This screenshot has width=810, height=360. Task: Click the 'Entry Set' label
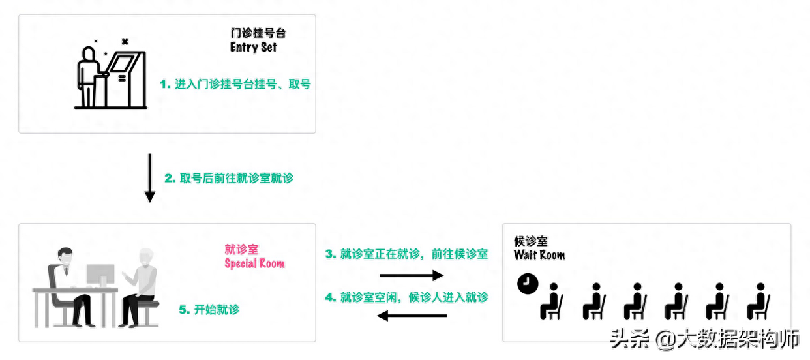253,48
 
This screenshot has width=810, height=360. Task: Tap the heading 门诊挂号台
258,33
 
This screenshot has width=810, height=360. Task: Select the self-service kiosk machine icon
127,79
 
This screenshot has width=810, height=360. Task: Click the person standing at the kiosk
87,77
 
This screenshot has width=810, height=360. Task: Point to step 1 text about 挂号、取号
235,84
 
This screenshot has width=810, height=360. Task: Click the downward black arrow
149,177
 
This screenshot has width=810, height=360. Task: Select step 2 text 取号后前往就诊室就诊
229,178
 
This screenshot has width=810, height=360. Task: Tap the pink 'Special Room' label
254,263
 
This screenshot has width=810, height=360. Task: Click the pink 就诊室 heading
241,249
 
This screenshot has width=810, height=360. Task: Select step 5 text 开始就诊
209,310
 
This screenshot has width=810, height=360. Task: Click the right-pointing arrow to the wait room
406,275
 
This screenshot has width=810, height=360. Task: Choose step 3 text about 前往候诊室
406,254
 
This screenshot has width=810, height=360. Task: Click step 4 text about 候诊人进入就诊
406,297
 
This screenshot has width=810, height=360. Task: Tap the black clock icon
527,284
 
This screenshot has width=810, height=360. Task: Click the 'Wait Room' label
539,255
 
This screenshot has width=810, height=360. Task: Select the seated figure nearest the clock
552,301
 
